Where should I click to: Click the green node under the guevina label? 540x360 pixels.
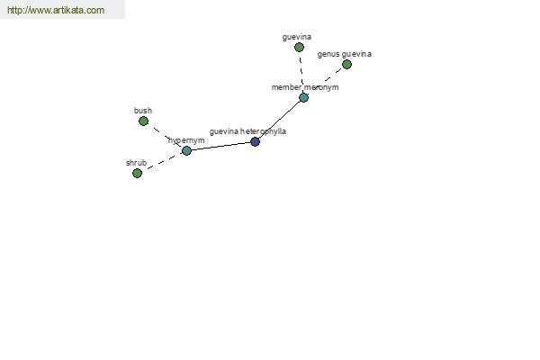(x=299, y=47)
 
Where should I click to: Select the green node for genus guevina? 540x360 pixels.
(x=346, y=65)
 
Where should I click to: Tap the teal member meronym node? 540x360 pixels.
(x=303, y=98)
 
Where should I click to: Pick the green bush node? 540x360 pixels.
(x=144, y=121)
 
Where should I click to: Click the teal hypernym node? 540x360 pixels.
(x=186, y=151)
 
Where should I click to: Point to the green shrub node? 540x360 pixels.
(x=137, y=174)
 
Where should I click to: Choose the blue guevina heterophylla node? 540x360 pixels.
(x=255, y=141)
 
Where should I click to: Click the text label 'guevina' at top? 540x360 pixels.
(x=297, y=37)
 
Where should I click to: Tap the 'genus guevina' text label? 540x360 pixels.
(x=345, y=54)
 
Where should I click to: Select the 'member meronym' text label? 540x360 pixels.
(x=305, y=87)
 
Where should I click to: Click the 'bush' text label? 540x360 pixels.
(x=143, y=111)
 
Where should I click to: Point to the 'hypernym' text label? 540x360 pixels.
(x=186, y=140)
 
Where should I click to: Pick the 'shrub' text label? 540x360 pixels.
(x=137, y=163)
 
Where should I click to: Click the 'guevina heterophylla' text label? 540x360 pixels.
(x=247, y=131)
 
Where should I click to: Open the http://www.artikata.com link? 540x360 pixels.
(x=56, y=10)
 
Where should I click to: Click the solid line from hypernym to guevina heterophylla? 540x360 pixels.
(x=220, y=147)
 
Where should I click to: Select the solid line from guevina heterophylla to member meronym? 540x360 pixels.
(x=279, y=120)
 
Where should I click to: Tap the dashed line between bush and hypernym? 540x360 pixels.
(x=165, y=136)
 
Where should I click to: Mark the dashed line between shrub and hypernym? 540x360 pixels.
(x=162, y=162)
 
